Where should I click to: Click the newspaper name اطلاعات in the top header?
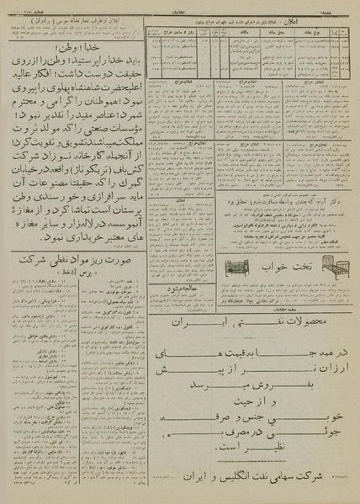coord(180,11)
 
